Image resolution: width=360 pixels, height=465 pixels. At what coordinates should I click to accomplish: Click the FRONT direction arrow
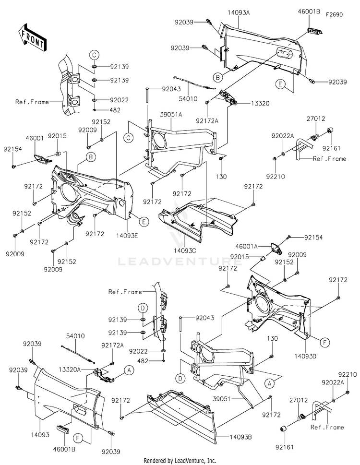(x=31, y=37)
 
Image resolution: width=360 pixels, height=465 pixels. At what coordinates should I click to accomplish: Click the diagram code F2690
(x=334, y=15)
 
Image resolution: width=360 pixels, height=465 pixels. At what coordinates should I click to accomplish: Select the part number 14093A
(x=239, y=12)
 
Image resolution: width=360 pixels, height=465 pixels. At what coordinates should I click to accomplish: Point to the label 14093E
(x=127, y=236)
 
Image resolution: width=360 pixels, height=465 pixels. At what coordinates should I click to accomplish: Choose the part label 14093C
(x=185, y=250)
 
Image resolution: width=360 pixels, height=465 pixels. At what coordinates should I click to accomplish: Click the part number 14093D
(x=305, y=356)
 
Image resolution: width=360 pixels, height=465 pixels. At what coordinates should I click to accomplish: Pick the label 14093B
(x=240, y=437)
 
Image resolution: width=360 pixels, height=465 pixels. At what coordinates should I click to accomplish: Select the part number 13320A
(x=70, y=369)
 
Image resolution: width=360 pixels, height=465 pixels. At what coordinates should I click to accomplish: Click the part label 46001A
(x=246, y=246)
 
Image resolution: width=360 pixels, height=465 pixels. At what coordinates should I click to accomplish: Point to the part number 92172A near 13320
(x=207, y=121)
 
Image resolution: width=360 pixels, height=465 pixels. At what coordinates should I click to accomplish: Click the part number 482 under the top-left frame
(x=115, y=110)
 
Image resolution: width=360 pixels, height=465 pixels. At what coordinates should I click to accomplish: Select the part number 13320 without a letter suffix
(x=260, y=103)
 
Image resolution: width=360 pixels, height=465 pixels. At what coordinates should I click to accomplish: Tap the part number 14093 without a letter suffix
(x=40, y=435)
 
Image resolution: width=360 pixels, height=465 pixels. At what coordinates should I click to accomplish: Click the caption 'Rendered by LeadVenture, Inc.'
(x=180, y=461)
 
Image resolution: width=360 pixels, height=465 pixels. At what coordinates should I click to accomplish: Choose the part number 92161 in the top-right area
(x=332, y=148)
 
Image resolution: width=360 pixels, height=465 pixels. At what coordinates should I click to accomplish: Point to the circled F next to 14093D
(x=324, y=343)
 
